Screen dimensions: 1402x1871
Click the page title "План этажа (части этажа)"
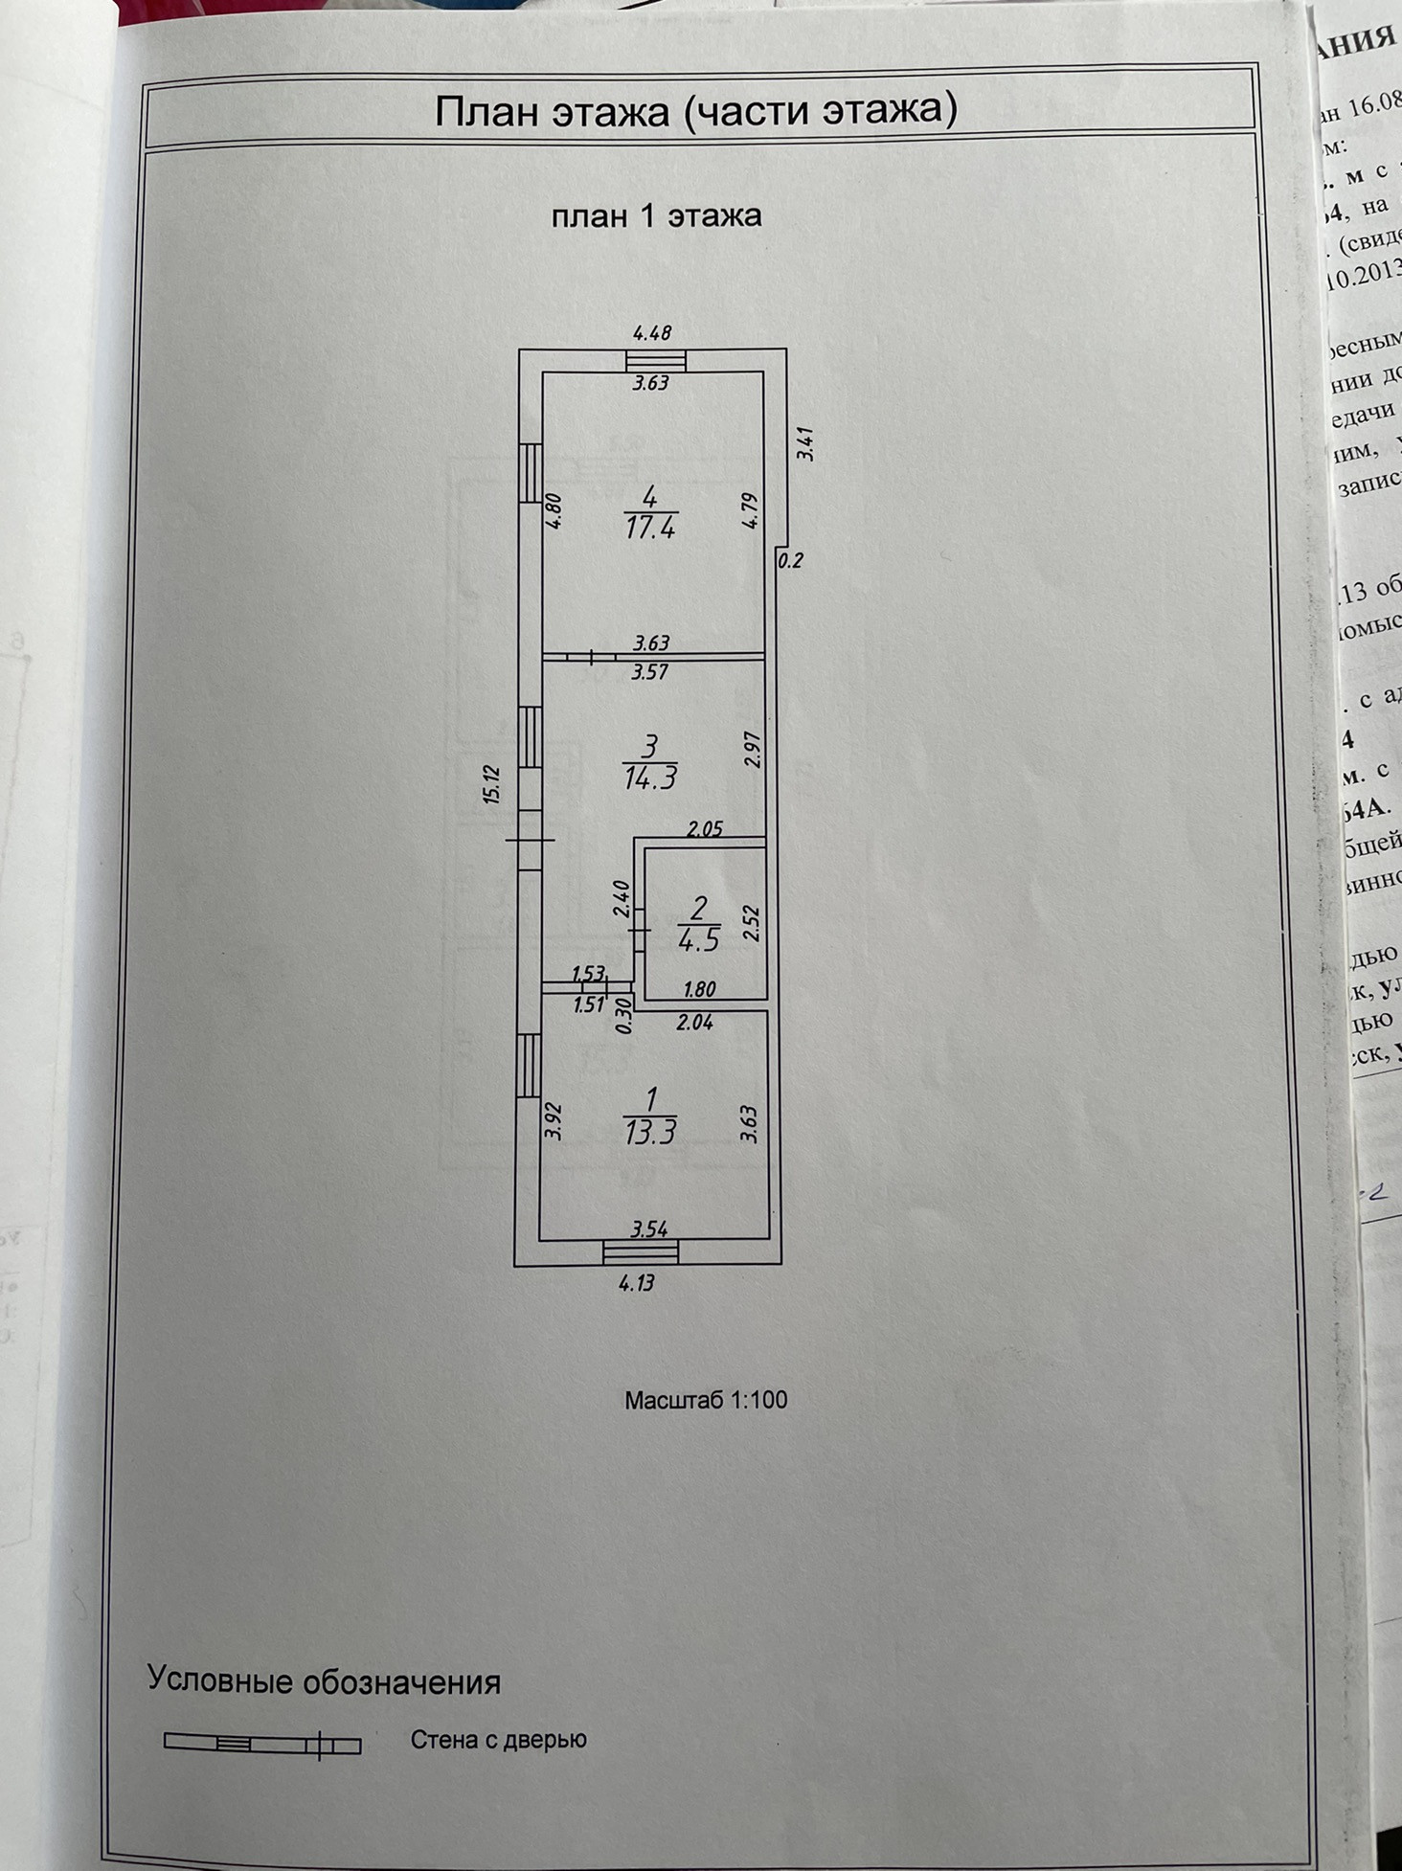(695, 110)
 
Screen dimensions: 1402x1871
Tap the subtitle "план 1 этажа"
(656, 215)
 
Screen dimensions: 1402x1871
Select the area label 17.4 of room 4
(650, 527)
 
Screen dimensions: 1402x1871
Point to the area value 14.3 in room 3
(650, 776)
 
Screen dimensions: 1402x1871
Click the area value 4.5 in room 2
(698, 940)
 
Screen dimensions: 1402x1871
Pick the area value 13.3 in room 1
(650, 1133)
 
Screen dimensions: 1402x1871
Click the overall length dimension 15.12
(492, 783)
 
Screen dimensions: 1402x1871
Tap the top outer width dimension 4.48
(652, 333)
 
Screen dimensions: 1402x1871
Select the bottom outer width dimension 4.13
(637, 1283)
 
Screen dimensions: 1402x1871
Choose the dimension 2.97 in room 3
(751, 749)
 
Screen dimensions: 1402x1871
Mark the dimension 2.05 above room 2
(705, 829)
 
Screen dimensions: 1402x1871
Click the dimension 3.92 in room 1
(553, 1121)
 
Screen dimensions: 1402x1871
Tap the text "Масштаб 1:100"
(706, 1400)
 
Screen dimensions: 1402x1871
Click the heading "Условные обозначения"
(324, 1681)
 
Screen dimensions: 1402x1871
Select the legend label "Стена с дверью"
(498, 1740)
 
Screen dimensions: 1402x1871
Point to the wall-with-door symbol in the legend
(262, 1744)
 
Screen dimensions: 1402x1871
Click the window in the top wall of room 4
(656, 360)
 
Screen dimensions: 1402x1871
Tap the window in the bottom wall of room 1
(641, 1251)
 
